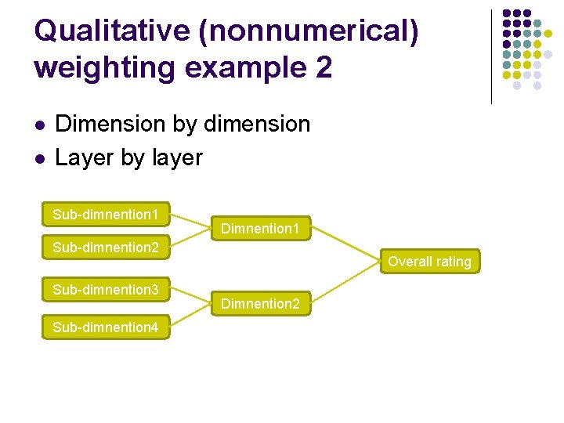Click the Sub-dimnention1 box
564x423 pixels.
(x=106, y=214)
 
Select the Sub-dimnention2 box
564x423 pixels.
(x=106, y=248)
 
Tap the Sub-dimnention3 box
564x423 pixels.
(x=106, y=290)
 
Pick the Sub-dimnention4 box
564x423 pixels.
(x=106, y=327)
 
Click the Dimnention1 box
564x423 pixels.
(x=261, y=229)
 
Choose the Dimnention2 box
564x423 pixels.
(x=261, y=303)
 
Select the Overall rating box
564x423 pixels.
(x=429, y=262)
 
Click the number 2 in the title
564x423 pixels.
(x=324, y=67)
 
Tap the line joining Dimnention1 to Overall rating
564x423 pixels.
(x=345, y=244)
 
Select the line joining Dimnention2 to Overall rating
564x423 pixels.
(x=345, y=284)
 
